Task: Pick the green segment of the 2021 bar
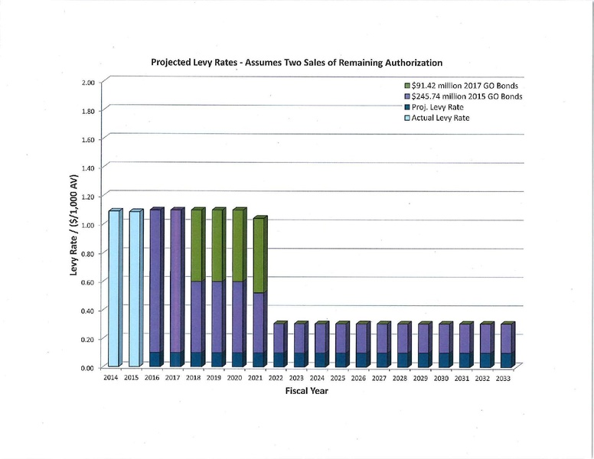pyautogui.click(x=259, y=256)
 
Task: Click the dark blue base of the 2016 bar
pyautogui.click(x=155, y=359)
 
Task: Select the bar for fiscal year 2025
pyautogui.click(x=341, y=345)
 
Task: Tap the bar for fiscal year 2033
pyautogui.click(x=506, y=345)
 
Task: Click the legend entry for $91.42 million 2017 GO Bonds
pyautogui.click(x=456, y=86)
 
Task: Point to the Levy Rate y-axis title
pyautogui.click(x=75, y=225)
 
